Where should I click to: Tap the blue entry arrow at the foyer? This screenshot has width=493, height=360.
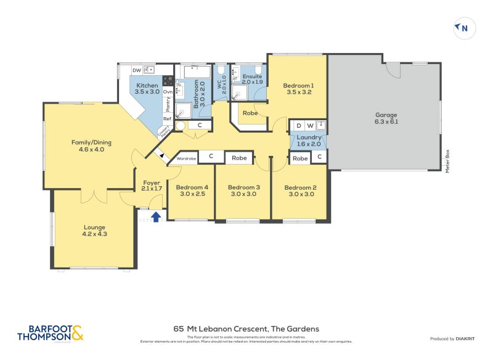coord(156,216)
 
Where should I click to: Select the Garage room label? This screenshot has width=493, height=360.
coord(386,115)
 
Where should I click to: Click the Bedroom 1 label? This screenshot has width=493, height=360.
coord(298,86)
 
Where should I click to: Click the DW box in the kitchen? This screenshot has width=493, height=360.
coord(136,70)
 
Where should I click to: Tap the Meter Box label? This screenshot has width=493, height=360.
coord(448,161)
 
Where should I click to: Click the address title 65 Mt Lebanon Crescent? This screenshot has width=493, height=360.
coord(246,329)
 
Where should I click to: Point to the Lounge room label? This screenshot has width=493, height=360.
coord(94,227)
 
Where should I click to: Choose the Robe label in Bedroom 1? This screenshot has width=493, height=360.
coord(250,113)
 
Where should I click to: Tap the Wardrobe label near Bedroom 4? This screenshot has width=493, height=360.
coord(186,158)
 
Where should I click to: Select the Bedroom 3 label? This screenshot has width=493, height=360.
coord(243,187)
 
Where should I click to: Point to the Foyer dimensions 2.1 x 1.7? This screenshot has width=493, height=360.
coord(152,189)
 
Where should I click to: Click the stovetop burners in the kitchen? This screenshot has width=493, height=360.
coord(168,80)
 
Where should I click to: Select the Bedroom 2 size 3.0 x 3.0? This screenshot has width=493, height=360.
coord(301,194)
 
